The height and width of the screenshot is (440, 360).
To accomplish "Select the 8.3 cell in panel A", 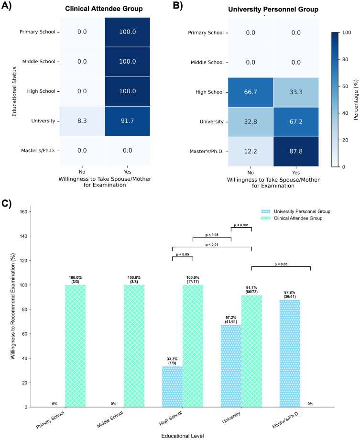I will tap(81, 121).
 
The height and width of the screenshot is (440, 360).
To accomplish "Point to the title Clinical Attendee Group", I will tap(104, 8).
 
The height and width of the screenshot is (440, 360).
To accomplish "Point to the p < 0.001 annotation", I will tap(241, 225).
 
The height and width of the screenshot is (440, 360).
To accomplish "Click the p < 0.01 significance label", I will tap(212, 244).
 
